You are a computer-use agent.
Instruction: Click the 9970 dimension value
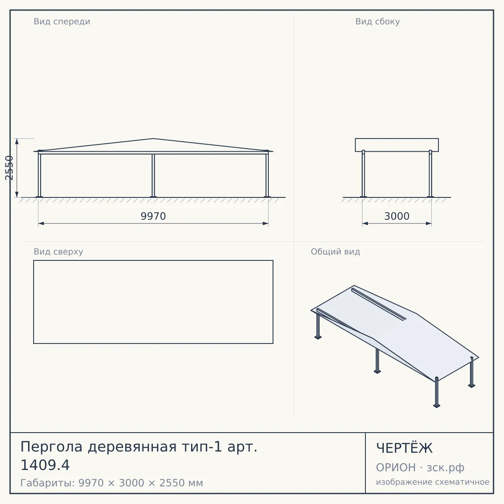[x=153, y=216]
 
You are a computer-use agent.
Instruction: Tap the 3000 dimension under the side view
[x=397, y=216]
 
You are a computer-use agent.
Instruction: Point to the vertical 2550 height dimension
[x=9, y=168]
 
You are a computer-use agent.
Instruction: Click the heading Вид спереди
[x=62, y=21]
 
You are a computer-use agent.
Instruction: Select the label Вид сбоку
[x=378, y=21]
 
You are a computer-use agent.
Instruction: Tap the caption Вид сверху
[x=58, y=252]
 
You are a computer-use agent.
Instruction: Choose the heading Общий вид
[x=335, y=252]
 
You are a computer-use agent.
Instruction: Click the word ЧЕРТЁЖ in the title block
[x=404, y=448]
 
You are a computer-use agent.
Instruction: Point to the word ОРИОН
[x=396, y=467]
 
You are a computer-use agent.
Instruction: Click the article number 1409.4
[x=45, y=465]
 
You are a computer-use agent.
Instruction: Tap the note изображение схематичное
[x=433, y=482]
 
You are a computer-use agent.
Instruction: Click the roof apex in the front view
[x=153, y=138]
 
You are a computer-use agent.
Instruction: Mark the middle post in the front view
[x=153, y=176]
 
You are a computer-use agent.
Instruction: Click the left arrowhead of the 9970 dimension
[x=41, y=223]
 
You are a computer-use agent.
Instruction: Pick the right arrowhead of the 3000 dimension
[x=429, y=223]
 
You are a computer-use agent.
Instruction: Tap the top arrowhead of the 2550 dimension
[x=17, y=142]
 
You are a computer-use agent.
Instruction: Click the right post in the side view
[x=430, y=173]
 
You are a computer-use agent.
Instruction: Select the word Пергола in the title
[x=52, y=447]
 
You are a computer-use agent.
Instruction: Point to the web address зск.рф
[x=446, y=467]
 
